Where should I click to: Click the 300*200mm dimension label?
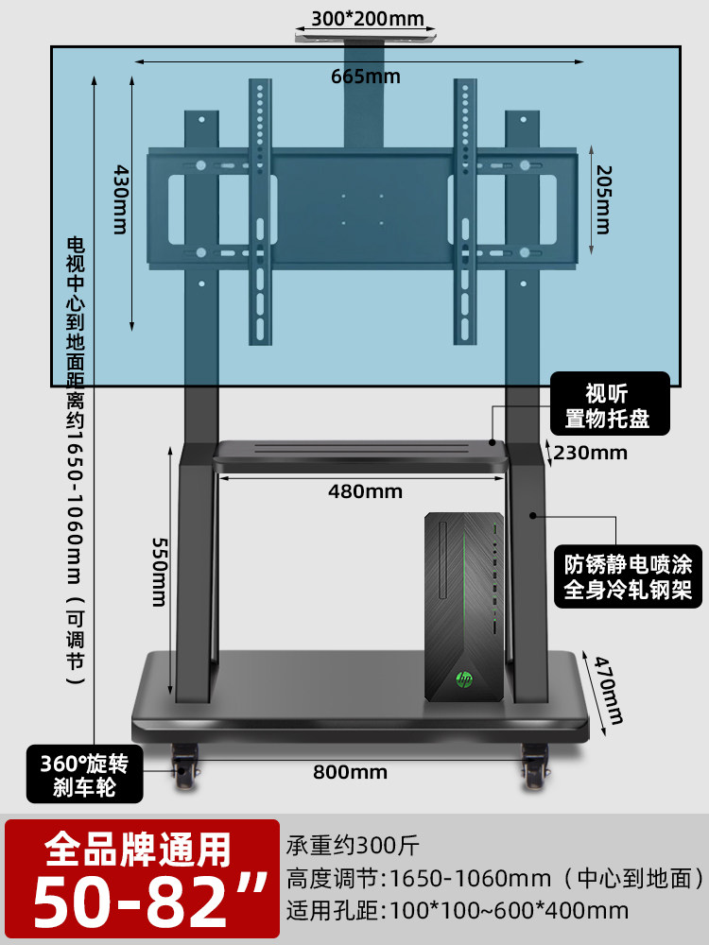367,18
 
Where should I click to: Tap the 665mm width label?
365,77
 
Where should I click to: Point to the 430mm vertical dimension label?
120,199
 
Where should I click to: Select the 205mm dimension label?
603,200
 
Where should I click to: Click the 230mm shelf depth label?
590,453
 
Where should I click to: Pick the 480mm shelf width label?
365,491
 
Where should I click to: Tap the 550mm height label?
158,572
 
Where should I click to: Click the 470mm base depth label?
608,690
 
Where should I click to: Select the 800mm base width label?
350,772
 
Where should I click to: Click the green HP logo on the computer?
464,679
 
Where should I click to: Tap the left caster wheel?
184,765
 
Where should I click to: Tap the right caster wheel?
535,765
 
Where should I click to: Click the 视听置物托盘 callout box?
610,404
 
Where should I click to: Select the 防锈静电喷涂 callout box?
628,576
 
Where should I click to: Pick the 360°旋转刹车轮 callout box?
84,774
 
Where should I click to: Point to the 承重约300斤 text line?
353,845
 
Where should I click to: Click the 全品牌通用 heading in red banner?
138,850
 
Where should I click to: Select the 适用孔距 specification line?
458,910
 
